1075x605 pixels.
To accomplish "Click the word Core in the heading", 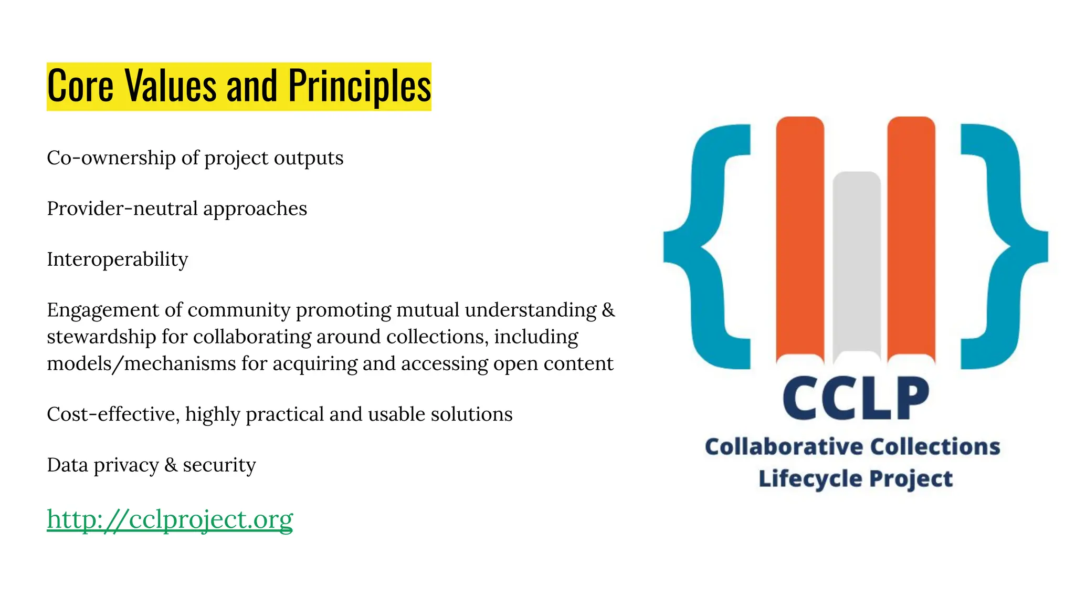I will [x=80, y=86].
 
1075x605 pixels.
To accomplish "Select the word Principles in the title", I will [x=360, y=86].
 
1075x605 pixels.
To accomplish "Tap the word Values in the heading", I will [x=171, y=86].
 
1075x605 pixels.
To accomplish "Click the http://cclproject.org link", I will [x=170, y=519].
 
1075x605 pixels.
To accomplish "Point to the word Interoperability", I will [x=117, y=259].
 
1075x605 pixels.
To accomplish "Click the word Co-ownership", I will [x=111, y=158].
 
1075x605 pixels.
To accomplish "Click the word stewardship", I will [x=101, y=337].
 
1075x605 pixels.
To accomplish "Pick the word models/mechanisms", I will [x=141, y=363].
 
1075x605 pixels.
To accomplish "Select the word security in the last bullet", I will [x=219, y=465].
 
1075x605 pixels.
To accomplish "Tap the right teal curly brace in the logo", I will [x=1005, y=247].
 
